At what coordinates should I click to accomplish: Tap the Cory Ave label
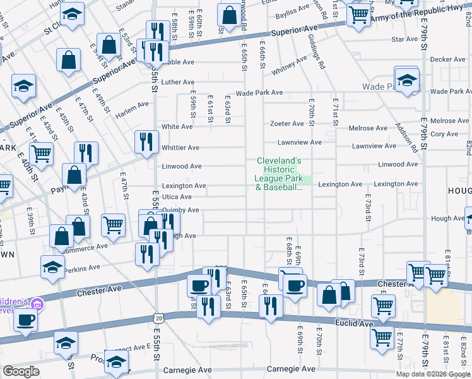(444, 134)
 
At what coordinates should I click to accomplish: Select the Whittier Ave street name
(180, 148)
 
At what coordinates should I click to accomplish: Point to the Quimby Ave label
(180, 210)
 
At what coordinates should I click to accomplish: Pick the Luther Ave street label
(178, 82)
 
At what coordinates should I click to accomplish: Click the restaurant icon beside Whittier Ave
(145, 141)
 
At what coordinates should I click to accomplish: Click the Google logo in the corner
(21, 371)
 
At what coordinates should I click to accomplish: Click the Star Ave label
(404, 39)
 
